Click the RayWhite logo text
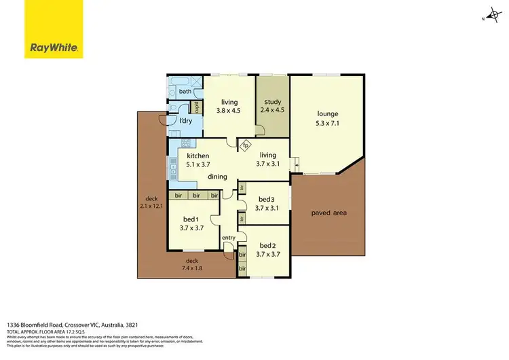(54, 48)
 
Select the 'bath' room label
(185, 90)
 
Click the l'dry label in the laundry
(185, 120)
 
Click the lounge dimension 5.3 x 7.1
(327, 123)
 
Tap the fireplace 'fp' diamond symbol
(246, 145)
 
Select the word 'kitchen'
(198, 156)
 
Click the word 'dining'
(217, 177)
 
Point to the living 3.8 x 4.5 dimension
(228, 111)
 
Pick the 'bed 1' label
(191, 219)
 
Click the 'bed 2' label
(267, 245)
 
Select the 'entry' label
(228, 237)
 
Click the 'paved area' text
(328, 213)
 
